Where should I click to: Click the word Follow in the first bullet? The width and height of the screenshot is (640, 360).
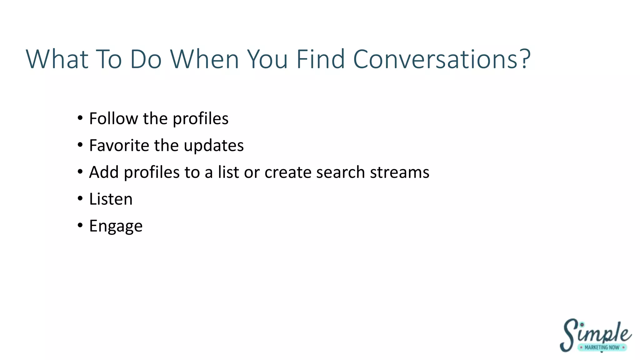tap(113, 118)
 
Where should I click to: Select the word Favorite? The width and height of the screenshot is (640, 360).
tap(119, 145)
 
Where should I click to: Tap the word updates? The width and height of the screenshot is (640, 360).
tap(214, 145)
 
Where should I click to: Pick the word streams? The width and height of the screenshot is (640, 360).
tap(400, 172)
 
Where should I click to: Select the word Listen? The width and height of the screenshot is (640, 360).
tap(111, 199)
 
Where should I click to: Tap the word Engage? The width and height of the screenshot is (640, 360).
tap(116, 226)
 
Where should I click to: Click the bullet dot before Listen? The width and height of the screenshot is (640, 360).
tap(80, 198)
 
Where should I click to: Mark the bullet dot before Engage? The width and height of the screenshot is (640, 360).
tap(80, 225)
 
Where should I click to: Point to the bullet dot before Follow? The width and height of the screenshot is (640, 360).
tap(80, 118)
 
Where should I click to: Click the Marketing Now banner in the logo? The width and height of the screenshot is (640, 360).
tap(602, 347)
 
